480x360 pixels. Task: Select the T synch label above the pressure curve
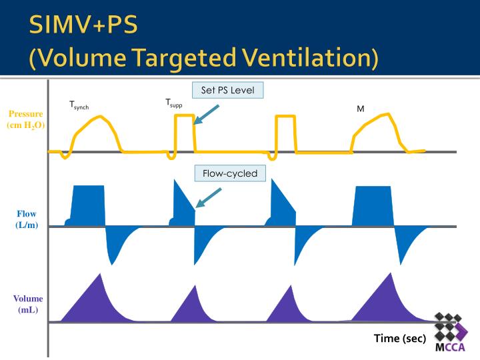coord(79,105)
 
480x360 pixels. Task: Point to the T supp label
coord(173,103)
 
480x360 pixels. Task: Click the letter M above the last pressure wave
coord(361,107)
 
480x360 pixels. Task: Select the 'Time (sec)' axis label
coord(399,339)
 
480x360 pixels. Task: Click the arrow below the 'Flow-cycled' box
coord(207,197)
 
